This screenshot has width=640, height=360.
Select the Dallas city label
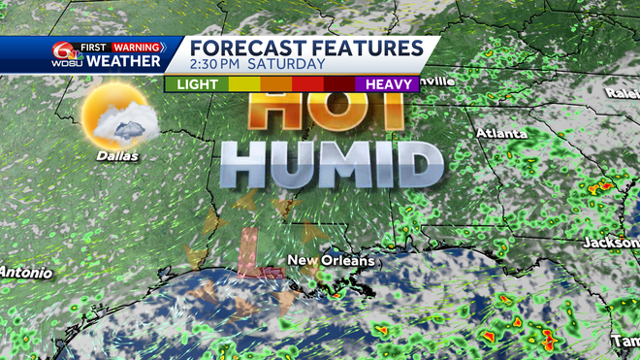pyautogui.click(x=117, y=154)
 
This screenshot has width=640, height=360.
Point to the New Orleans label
pyautogui.click(x=326, y=261)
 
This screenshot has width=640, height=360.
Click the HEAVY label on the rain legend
pyautogui.click(x=386, y=84)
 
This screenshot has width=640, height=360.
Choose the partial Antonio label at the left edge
pyautogui.click(x=20, y=271)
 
